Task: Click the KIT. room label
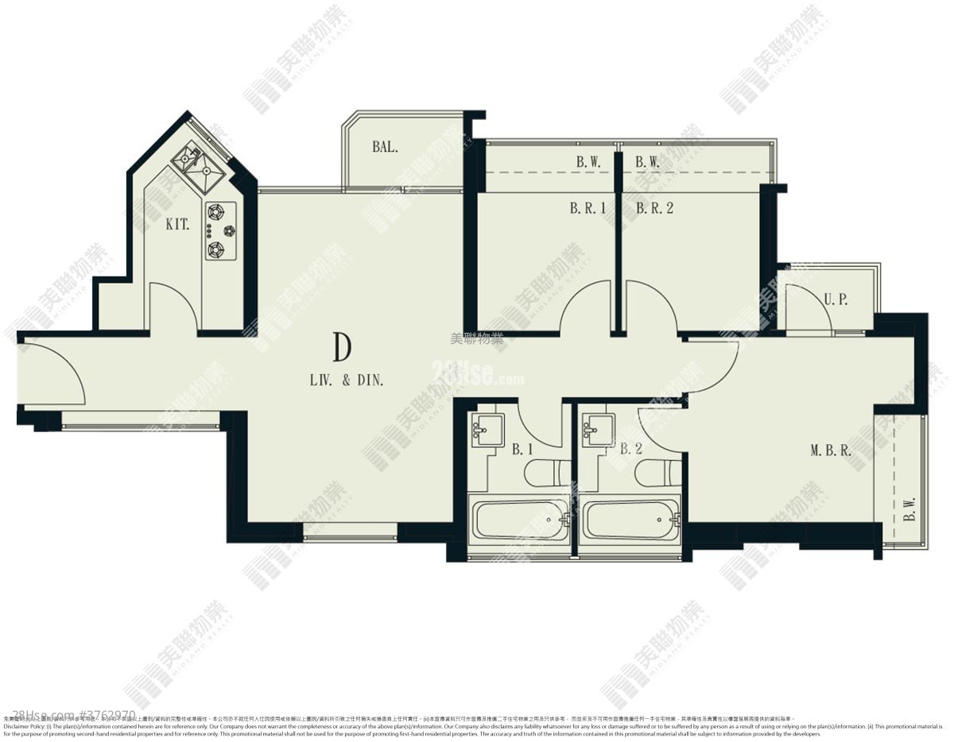(177, 225)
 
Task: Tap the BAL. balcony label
(385, 147)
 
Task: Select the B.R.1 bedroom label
(588, 209)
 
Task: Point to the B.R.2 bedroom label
(654, 209)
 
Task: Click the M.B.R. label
(831, 450)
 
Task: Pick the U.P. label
(836, 300)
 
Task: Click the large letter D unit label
(343, 347)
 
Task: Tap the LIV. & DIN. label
(347, 381)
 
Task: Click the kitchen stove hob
(220, 231)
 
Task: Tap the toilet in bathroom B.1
(547, 473)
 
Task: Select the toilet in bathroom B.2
(657, 473)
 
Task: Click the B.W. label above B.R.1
(588, 162)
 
